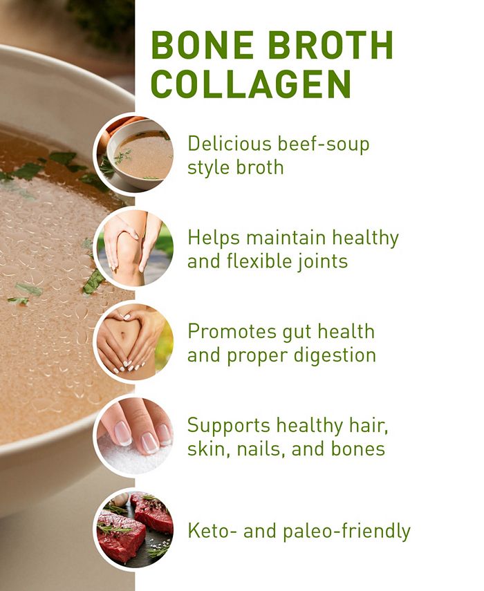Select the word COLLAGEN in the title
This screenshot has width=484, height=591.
tap(251, 84)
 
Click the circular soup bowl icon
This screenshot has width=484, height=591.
tap(134, 153)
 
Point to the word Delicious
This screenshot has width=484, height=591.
tap(228, 144)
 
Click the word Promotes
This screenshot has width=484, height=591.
tap(228, 332)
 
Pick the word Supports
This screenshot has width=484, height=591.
tap(229, 426)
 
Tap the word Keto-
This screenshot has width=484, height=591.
tap(210, 532)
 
